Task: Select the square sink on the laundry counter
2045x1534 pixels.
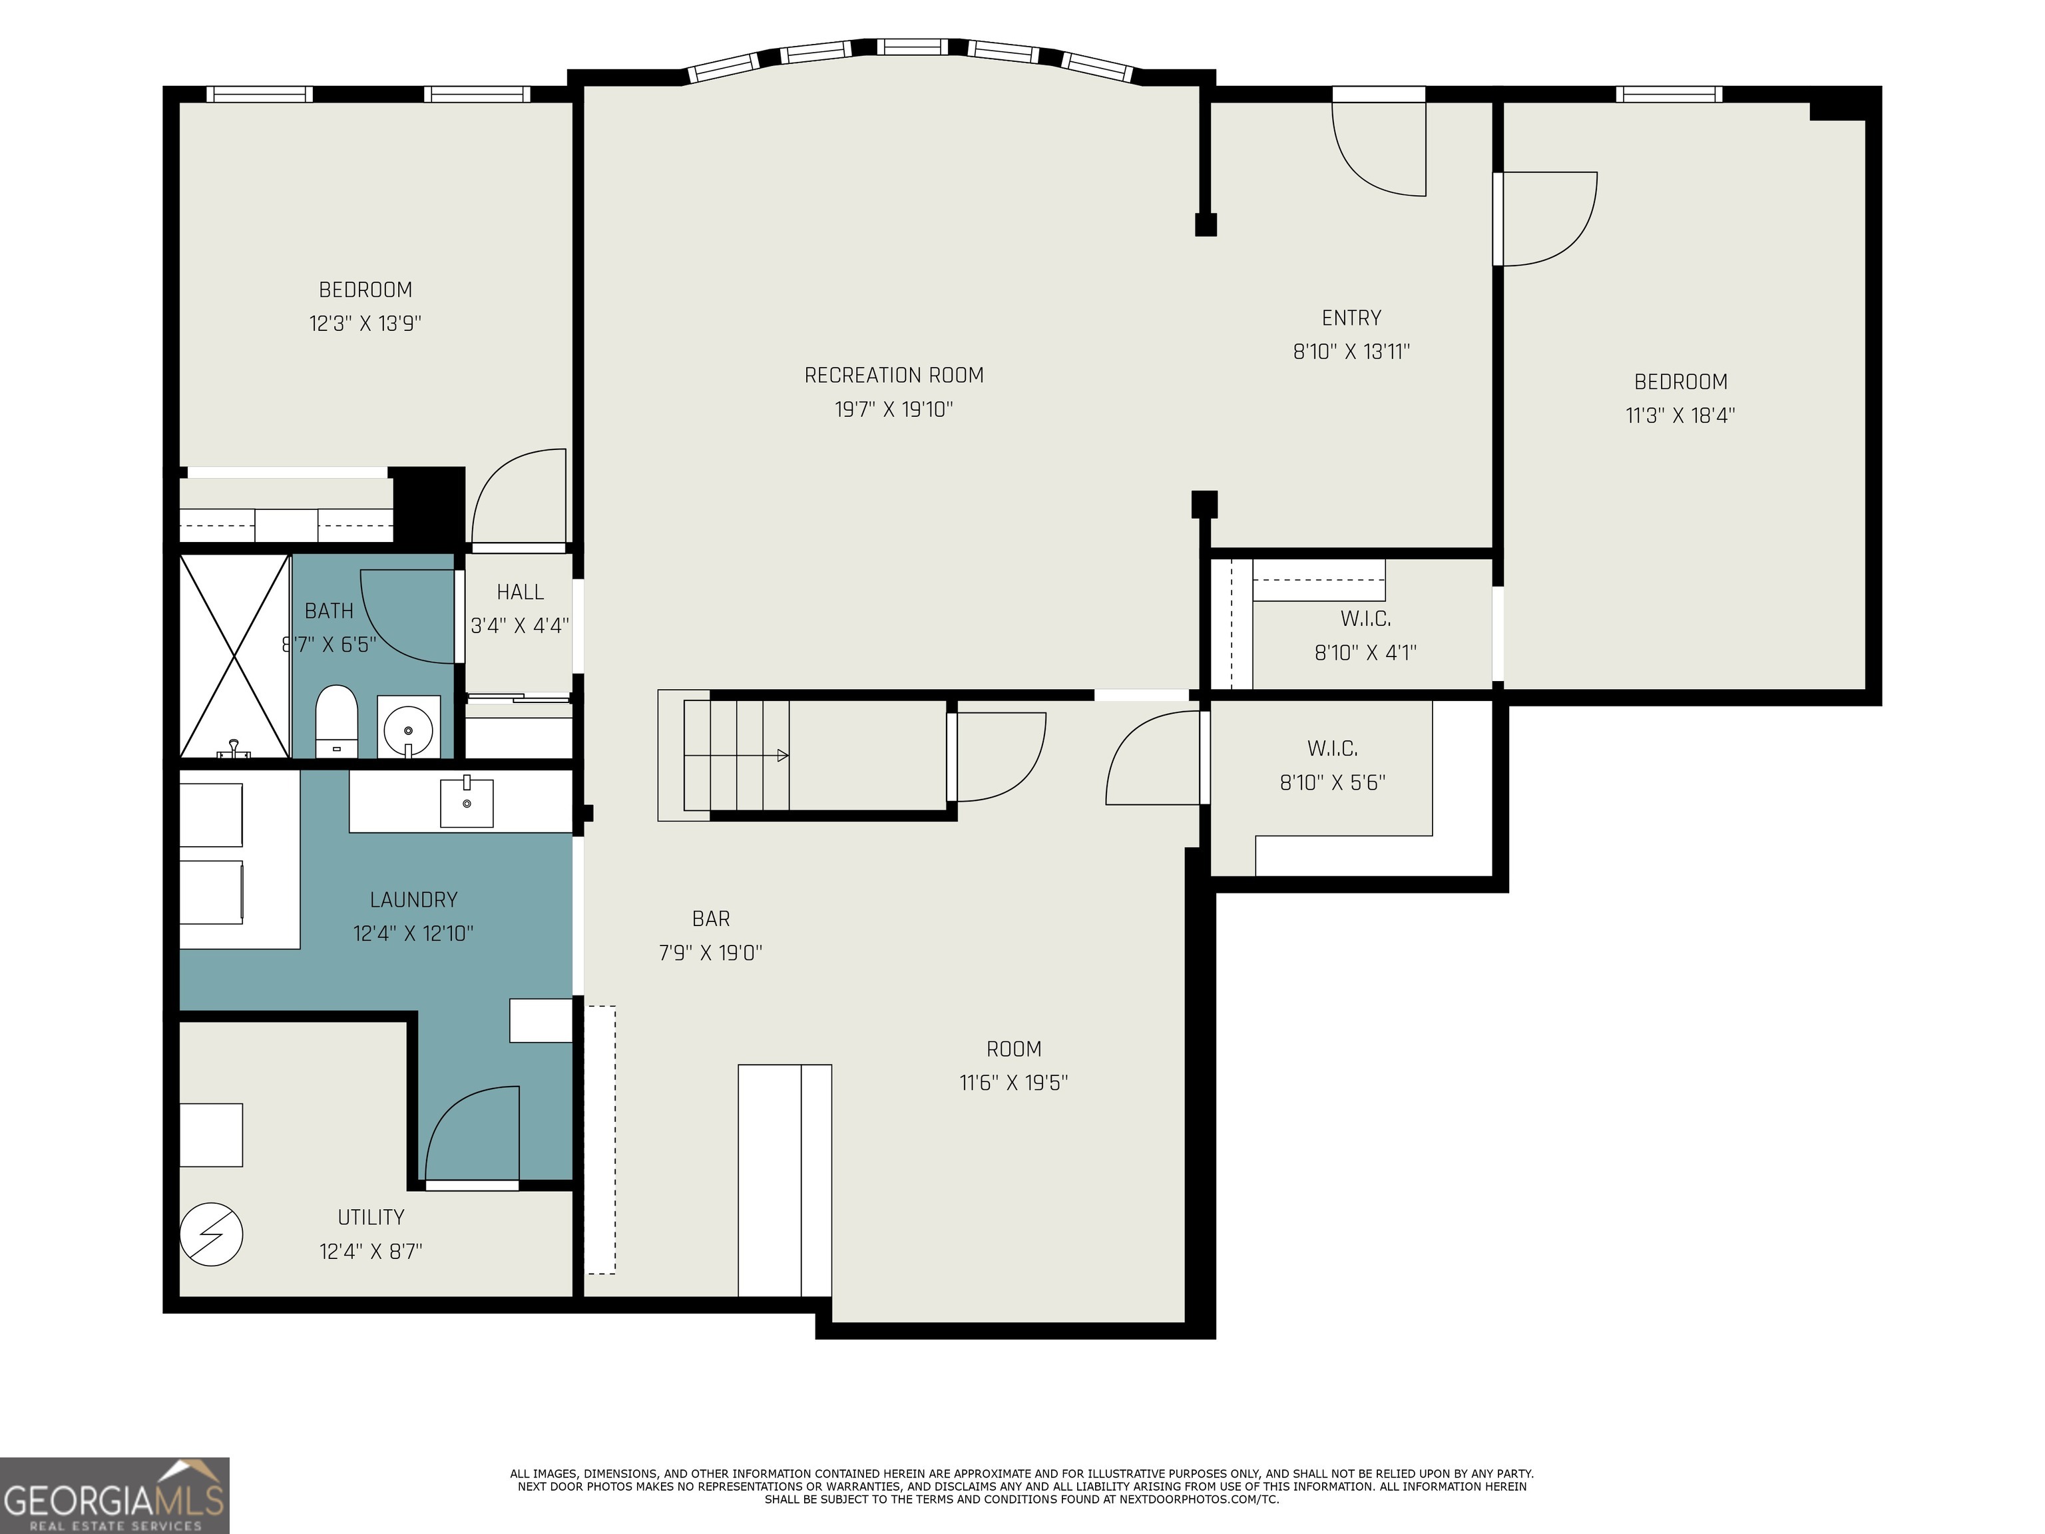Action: tap(467, 802)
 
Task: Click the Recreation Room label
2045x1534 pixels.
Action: tap(894, 376)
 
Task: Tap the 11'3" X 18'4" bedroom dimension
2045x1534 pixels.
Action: tap(1680, 415)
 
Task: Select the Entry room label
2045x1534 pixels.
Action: tap(1351, 318)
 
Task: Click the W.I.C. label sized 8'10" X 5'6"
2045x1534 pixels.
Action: tap(1332, 748)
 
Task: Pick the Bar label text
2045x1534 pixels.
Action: tap(711, 919)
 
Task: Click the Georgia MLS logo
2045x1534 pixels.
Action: tap(114, 1496)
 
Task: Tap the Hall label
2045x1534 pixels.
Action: tap(521, 592)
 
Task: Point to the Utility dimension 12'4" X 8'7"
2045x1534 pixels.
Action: tap(371, 1251)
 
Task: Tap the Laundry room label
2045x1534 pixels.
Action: tap(413, 899)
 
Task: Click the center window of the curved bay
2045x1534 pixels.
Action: tap(911, 46)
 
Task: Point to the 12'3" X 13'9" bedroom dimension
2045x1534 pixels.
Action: tap(365, 324)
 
